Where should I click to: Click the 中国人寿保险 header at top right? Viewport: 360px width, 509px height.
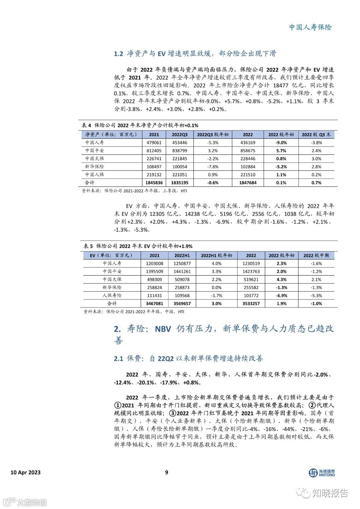pyautogui.click(x=310, y=27)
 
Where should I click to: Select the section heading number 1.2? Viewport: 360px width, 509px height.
pyautogui.click(x=118, y=54)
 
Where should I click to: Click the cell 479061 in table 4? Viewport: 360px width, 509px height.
pyautogui.click(x=154, y=142)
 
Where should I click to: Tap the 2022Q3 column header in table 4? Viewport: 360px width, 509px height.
pyautogui.click(x=180, y=134)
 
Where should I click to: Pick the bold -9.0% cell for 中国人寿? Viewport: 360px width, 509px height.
pyautogui.click(x=281, y=142)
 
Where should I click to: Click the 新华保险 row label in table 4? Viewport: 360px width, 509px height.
pyautogui.click(x=94, y=166)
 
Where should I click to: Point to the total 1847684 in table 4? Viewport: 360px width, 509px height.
pyautogui.click(x=248, y=183)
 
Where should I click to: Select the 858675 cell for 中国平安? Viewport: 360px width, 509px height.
pyautogui.click(x=248, y=150)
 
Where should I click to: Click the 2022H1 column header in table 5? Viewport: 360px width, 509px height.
pyautogui.click(x=182, y=255)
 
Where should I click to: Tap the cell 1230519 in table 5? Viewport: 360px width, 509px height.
pyautogui.click(x=251, y=263)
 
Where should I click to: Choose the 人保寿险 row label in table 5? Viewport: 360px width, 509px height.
pyautogui.click(x=112, y=296)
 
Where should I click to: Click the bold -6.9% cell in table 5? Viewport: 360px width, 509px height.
pyautogui.click(x=282, y=296)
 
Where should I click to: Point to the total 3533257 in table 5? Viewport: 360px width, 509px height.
pyautogui.click(x=251, y=304)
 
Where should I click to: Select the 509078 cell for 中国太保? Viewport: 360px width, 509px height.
pyautogui.click(x=182, y=280)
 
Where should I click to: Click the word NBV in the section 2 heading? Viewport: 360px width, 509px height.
pyautogui.click(x=163, y=329)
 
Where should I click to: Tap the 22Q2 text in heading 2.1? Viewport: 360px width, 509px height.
pyautogui.click(x=166, y=359)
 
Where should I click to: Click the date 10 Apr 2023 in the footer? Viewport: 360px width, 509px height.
pyautogui.click(x=26, y=472)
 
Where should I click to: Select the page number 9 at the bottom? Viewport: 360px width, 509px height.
pyautogui.click(x=167, y=472)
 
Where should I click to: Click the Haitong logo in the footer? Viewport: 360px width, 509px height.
pyautogui.click(x=321, y=473)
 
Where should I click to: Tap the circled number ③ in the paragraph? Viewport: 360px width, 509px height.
pyautogui.click(x=173, y=413)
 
